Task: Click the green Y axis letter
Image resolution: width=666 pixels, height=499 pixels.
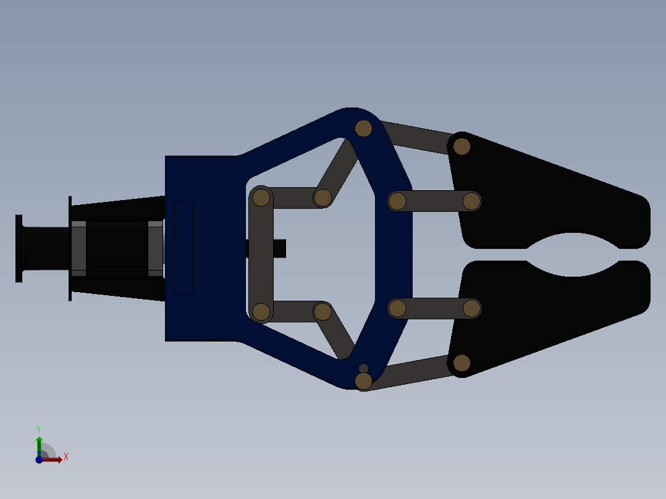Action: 39,429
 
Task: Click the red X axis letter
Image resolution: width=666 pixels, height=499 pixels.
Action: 66,457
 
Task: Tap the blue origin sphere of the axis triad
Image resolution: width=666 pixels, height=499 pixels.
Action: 39,459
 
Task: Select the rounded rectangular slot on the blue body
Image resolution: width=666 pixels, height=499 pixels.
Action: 184,248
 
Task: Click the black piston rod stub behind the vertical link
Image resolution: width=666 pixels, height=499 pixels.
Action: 279,248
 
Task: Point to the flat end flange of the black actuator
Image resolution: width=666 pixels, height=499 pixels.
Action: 19,248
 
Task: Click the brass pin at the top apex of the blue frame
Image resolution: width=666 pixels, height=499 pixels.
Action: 363,128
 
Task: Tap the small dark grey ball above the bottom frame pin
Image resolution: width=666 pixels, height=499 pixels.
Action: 363,368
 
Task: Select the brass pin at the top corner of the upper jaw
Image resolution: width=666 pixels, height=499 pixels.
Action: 462,146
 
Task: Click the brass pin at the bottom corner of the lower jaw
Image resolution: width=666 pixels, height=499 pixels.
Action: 462,363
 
